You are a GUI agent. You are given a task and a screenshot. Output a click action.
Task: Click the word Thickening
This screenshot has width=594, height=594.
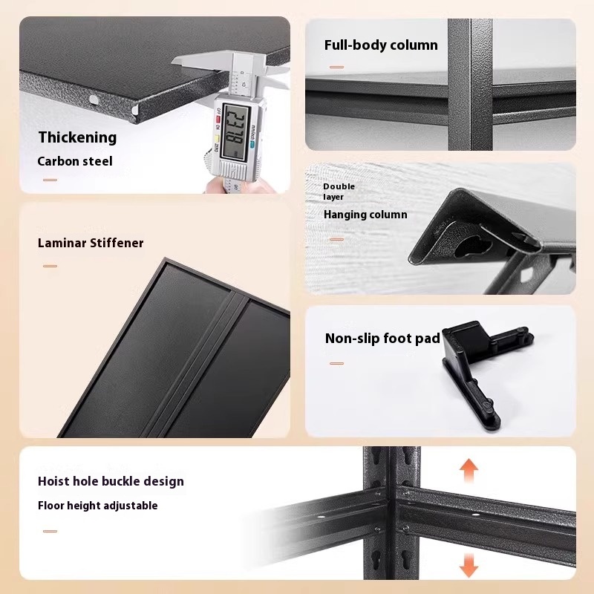coord(78,138)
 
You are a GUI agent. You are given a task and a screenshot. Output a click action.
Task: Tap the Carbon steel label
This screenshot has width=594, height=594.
coord(75,161)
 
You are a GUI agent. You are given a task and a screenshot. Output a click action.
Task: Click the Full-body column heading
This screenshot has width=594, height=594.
coord(381,45)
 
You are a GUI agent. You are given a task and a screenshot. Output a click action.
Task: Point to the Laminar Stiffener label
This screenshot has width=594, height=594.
coord(91,243)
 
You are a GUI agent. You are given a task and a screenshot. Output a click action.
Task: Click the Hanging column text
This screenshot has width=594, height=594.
coord(365,215)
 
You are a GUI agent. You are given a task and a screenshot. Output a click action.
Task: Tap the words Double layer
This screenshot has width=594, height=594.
coord(339,192)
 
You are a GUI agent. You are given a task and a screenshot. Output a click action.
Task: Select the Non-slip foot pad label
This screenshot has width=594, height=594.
coord(382,339)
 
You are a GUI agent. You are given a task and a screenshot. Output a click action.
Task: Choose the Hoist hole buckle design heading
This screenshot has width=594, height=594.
coord(111,481)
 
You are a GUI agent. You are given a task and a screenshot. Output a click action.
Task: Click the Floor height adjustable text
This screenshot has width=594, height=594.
coord(98,506)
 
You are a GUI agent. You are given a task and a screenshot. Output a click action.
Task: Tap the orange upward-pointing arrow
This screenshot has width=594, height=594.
coord(469,470)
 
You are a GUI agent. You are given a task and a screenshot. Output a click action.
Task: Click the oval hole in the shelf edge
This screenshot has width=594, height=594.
coord(94,100)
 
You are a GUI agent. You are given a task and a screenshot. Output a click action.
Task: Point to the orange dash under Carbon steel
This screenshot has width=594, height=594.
coord(50,180)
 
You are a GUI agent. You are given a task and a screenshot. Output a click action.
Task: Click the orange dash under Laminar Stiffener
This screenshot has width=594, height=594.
coord(50,266)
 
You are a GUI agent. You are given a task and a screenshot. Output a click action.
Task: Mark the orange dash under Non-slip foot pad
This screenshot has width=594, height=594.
coord(336,363)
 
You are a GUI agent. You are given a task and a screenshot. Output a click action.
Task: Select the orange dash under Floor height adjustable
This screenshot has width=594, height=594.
coord(50,531)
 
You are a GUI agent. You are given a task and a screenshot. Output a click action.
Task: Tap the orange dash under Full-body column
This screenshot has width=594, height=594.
coord(336,67)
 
